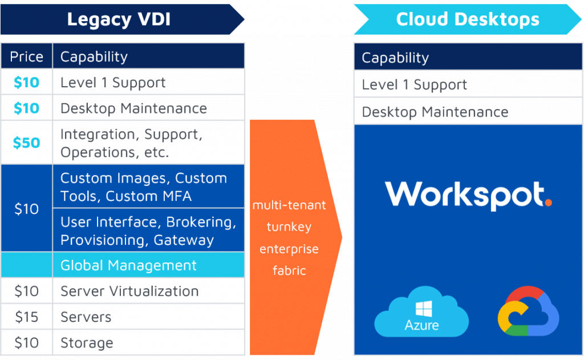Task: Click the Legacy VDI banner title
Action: point(119,19)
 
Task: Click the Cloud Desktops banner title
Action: point(467,19)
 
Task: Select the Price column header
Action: point(26,56)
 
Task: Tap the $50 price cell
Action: point(26,143)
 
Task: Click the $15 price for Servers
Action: point(26,317)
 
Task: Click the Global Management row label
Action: point(128,265)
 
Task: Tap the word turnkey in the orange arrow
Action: point(289,227)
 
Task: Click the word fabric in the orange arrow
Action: point(289,270)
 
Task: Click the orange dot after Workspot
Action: point(548,202)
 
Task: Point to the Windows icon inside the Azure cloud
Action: point(423,309)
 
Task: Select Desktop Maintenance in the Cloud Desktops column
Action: point(435,112)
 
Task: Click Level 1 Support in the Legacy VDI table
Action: point(113,82)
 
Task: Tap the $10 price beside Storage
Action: point(26,343)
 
